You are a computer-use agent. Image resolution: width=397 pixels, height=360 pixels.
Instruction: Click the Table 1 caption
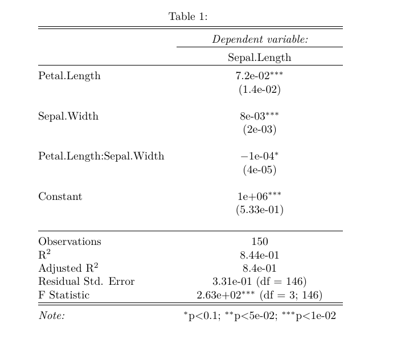point(188,17)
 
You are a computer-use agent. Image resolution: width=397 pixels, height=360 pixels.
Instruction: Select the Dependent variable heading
point(260,40)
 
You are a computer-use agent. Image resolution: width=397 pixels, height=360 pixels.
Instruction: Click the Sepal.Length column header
point(259,58)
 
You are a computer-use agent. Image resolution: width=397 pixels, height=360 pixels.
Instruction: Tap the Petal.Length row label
point(69,76)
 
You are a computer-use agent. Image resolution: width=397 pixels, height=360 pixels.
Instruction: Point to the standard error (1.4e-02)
point(259,89)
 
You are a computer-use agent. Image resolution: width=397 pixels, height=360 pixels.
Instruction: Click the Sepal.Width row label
point(68,116)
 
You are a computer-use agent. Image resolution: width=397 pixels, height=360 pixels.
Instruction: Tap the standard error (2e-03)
point(259,130)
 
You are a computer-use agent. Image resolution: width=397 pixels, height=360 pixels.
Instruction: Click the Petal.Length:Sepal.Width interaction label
point(101,156)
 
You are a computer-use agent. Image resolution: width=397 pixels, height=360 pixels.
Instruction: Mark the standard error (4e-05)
point(259,170)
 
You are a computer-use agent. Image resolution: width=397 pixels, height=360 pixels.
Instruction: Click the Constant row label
point(60,197)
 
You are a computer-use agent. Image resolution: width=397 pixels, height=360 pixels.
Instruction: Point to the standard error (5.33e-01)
point(259,210)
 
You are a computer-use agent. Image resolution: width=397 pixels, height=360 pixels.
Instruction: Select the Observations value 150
point(259,242)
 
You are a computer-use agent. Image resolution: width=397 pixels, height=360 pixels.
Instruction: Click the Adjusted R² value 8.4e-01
point(259,268)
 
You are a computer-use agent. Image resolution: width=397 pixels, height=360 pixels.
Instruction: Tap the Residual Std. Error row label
point(86,281)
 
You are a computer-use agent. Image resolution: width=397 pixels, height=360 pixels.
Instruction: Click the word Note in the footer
point(51,316)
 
